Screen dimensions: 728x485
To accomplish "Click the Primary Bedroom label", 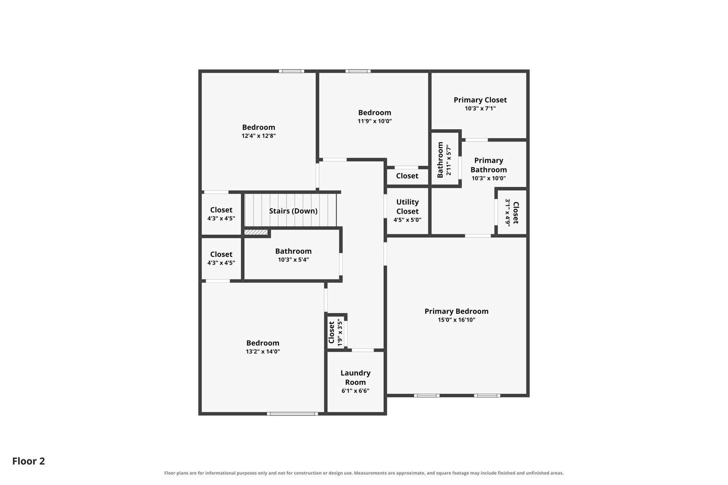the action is tap(456, 311).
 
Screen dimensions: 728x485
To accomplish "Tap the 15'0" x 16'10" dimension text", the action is tap(456, 320).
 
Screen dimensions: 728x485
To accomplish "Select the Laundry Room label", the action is tap(355, 378).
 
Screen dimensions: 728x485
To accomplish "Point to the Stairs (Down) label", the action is tap(293, 211).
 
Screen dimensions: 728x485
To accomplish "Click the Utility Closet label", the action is tap(407, 207).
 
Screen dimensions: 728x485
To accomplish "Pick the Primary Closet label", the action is tap(480, 100).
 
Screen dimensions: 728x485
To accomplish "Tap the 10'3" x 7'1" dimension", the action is tap(480, 109).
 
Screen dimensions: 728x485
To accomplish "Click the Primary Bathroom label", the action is tap(488, 165).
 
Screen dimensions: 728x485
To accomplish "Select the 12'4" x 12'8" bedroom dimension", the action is tap(258, 136).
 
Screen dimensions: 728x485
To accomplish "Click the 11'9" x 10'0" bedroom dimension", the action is tap(374, 121).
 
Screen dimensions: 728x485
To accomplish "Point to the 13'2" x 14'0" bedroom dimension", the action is tap(262, 352).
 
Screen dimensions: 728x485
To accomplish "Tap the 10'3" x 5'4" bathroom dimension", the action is tap(293, 260).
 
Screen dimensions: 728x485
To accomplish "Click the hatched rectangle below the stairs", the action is tap(256, 232).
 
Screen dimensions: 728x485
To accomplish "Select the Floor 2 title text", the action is tap(29, 461).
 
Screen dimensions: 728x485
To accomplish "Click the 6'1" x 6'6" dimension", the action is tap(355, 391).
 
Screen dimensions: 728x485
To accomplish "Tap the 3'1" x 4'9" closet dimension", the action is tap(508, 212).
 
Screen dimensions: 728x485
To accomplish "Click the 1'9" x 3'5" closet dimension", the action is tap(340, 332).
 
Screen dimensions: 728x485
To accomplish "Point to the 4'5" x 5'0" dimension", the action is tap(407, 220).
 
